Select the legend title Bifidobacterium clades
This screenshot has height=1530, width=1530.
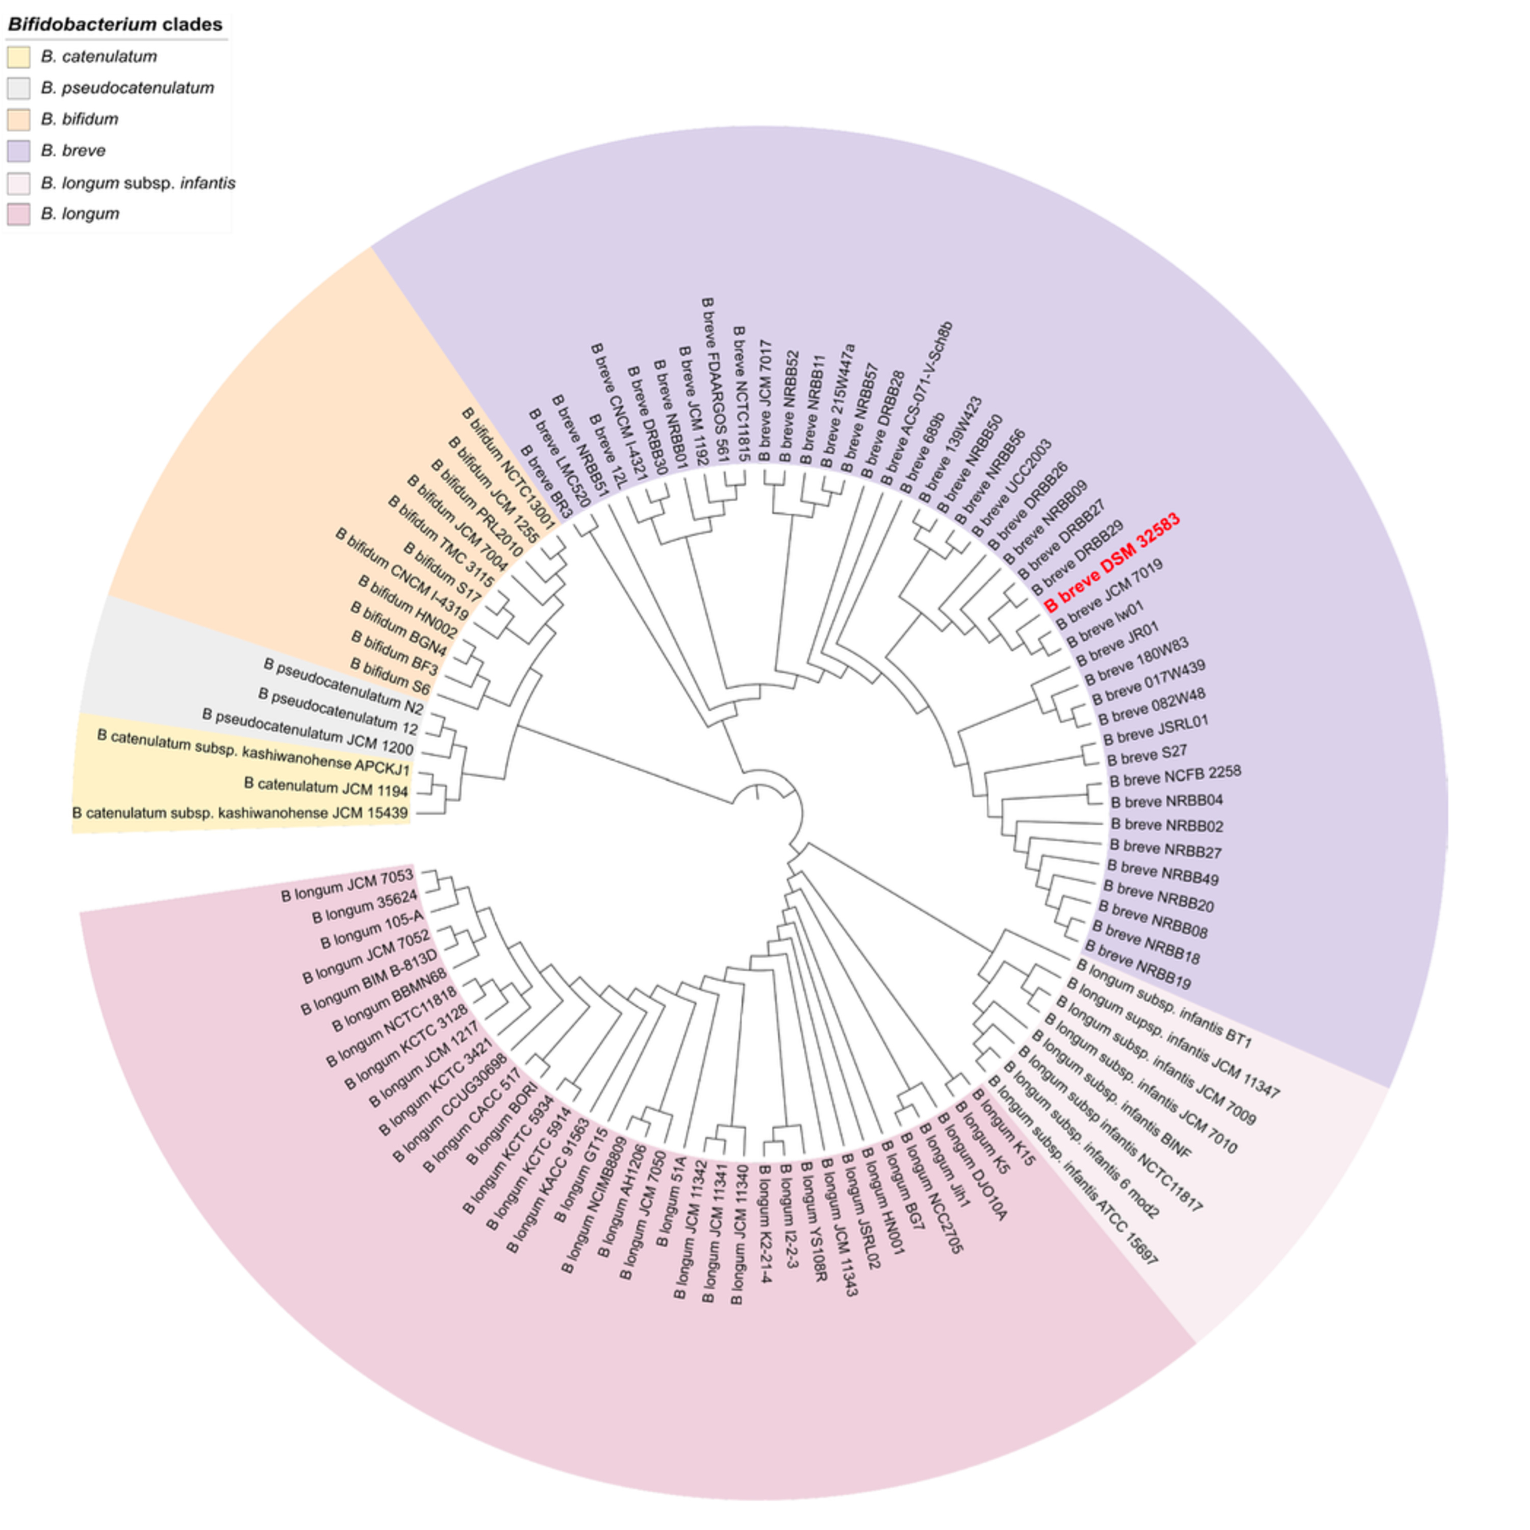[x=115, y=24]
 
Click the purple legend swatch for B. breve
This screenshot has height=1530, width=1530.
[x=18, y=150]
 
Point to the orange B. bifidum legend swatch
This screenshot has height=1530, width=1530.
[x=18, y=119]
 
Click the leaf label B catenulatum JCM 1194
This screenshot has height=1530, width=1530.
[x=325, y=787]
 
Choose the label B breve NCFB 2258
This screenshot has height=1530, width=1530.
[x=1175, y=776]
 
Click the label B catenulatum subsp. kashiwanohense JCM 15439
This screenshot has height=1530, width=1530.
[x=240, y=812]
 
